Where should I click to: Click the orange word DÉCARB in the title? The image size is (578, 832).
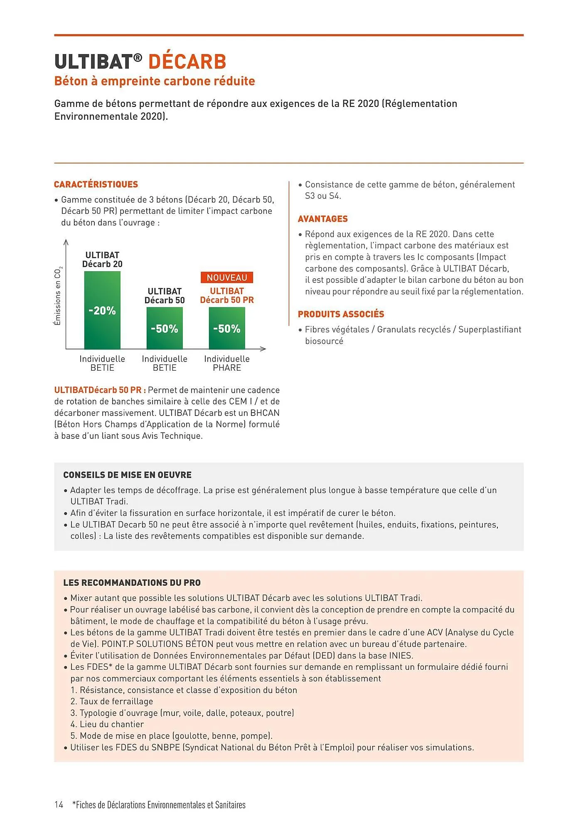coord(187,62)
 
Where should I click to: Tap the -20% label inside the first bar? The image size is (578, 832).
coord(102,310)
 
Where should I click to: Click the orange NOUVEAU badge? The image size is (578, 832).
coord(227,277)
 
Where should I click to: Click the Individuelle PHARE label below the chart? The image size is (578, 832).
coord(227,363)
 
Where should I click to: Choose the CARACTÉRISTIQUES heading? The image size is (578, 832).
coord(96,184)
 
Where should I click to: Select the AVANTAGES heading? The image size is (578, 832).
coord(322,219)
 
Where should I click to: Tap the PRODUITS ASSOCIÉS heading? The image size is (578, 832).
coord(341,314)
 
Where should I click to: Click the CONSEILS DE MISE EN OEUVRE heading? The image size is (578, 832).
coord(127,475)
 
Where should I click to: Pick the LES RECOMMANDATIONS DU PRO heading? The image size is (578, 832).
coord(132,582)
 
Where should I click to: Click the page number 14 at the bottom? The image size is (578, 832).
coord(59,805)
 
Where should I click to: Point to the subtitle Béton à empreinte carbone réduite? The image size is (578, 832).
coord(155,81)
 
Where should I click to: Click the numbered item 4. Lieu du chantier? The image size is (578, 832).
coord(107,724)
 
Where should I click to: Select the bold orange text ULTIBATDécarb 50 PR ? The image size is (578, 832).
coord(100,390)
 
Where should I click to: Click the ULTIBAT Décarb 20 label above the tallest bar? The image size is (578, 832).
coord(102,259)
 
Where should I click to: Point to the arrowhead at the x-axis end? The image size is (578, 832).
coord(263,349)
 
